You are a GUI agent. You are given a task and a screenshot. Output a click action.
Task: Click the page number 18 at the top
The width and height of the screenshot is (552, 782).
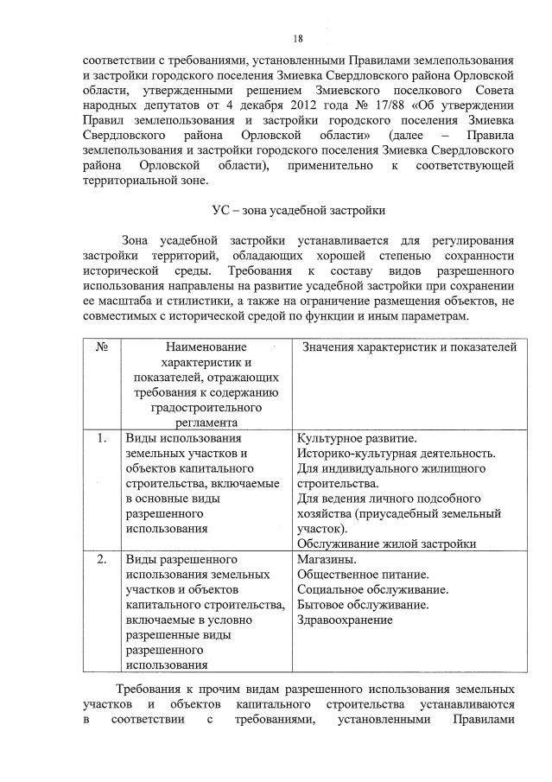(x=297, y=39)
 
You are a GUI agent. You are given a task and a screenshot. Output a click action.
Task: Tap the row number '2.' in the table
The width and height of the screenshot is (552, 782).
(x=101, y=559)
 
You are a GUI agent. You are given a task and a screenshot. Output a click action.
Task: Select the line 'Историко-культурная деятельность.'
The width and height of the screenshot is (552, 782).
(x=396, y=455)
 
